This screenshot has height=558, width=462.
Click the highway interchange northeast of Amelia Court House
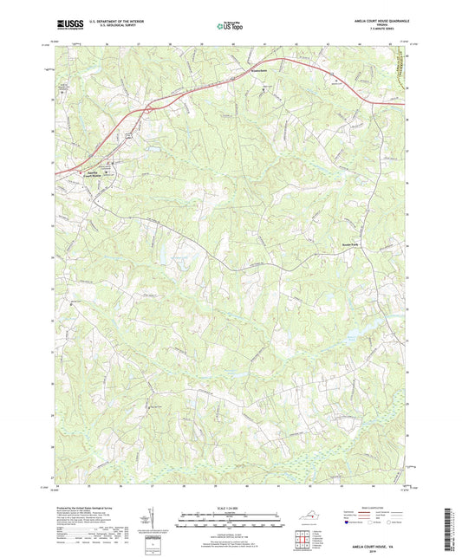tap(149, 108)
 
